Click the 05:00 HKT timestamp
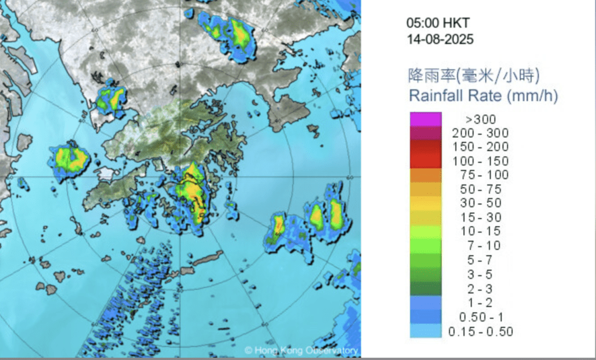tap(438, 24)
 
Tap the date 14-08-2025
tap(440, 40)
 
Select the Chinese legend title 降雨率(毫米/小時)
tap(474, 75)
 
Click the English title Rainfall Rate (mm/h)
tap(484, 96)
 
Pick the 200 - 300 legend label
tap(480, 133)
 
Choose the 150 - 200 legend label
tap(480, 147)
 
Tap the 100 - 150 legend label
tap(480, 161)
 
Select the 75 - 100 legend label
tap(480, 175)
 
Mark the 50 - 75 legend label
tap(480, 190)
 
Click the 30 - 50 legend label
tap(480, 204)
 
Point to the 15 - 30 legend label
tap(480, 218)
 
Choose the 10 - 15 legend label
tap(480, 231)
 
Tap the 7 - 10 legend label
tap(480, 245)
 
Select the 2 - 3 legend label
tap(480, 288)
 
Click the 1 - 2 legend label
tap(480, 302)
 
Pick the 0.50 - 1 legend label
tap(480, 317)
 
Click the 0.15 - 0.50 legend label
tap(480, 332)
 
